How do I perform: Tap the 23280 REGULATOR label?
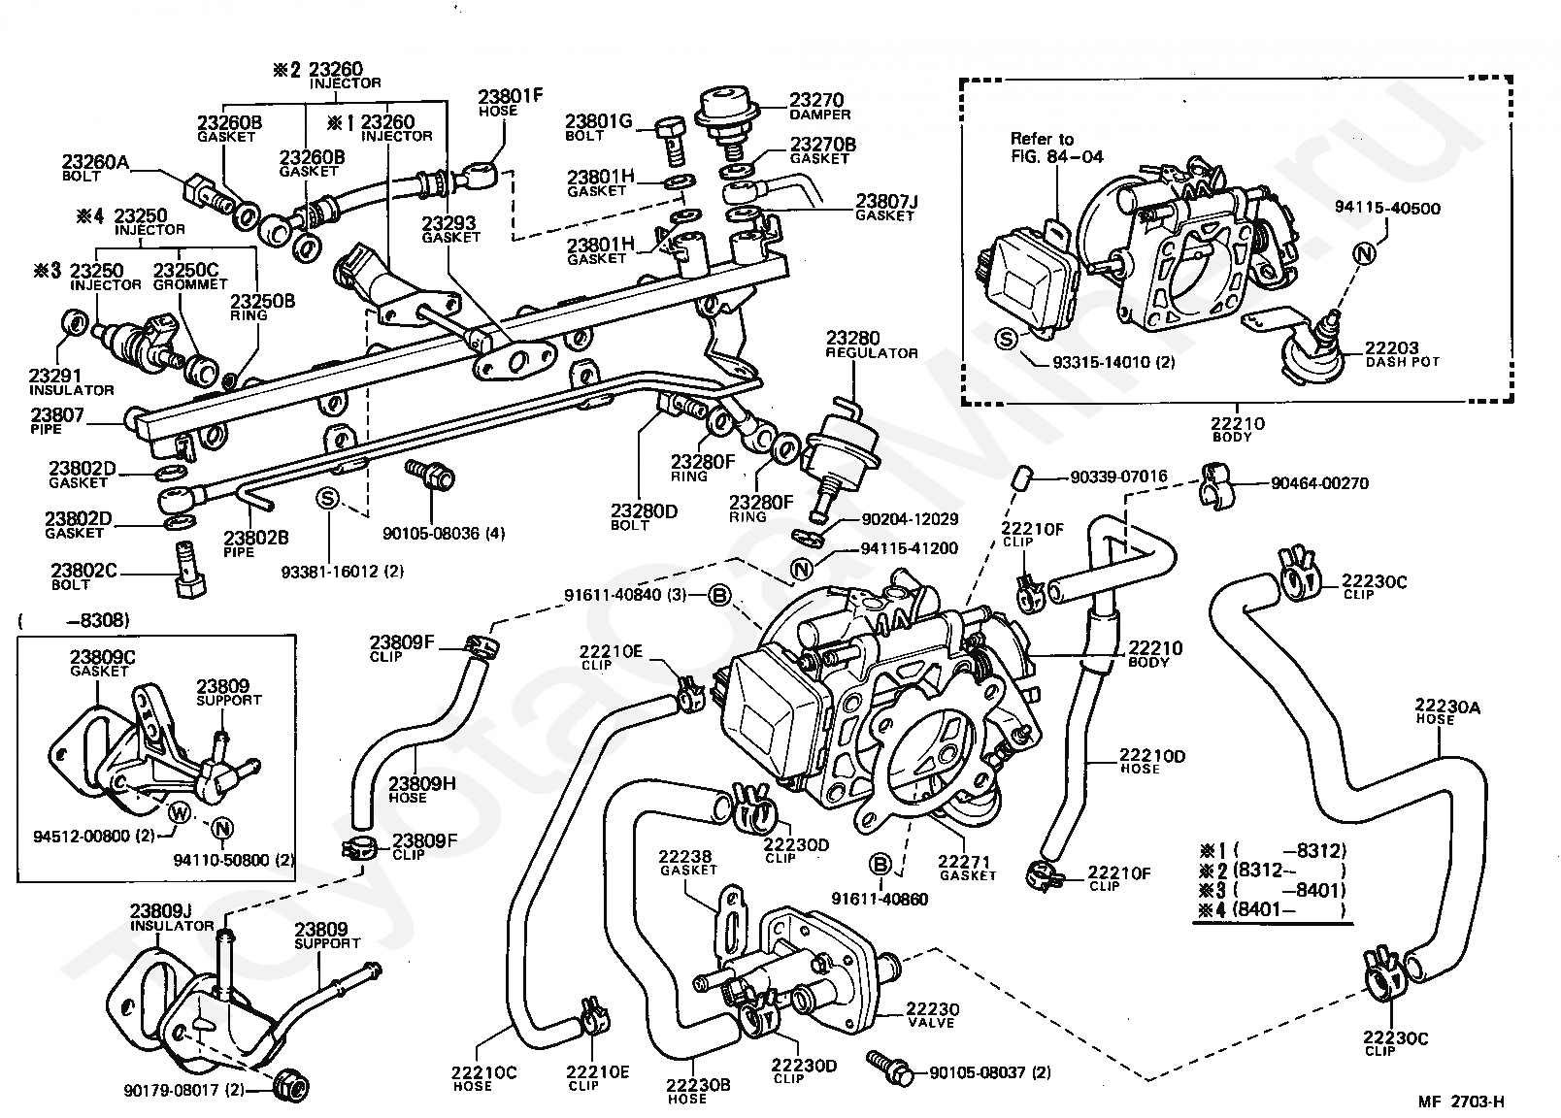(x=871, y=345)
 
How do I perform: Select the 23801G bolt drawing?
(x=672, y=142)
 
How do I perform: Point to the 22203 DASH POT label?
(x=1402, y=354)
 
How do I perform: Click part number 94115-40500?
(x=1387, y=209)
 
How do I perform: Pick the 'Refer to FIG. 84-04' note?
(x=1056, y=148)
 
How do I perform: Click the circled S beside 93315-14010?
(x=1006, y=339)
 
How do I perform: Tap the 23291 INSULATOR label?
(x=71, y=383)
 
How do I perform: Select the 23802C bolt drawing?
(x=188, y=570)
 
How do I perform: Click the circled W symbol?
(x=180, y=813)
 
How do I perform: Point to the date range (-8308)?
(x=74, y=621)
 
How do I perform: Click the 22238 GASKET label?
(x=688, y=863)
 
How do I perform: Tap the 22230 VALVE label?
(x=932, y=1015)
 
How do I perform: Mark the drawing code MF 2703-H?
(x=1461, y=1102)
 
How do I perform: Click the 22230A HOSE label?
(x=1447, y=712)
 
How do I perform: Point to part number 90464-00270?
(x=1320, y=483)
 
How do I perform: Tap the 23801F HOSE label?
(x=510, y=103)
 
